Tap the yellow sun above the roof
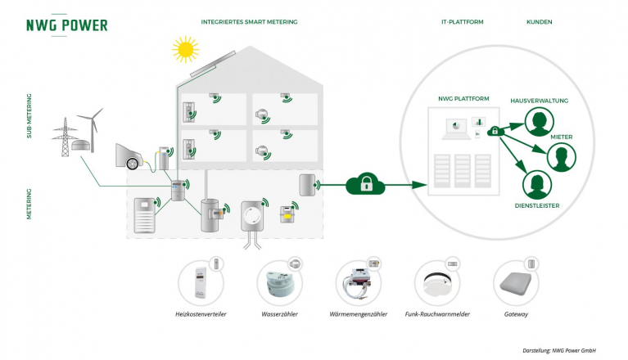coord(185,50)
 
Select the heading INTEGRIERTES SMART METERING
coord(249,22)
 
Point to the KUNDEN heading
coord(538,22)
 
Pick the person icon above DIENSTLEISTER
coord(534,184)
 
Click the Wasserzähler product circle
coord(282,282)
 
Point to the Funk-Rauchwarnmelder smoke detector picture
coord(439,281)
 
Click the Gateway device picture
coord(517,282)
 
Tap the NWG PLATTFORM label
coord(464,99)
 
